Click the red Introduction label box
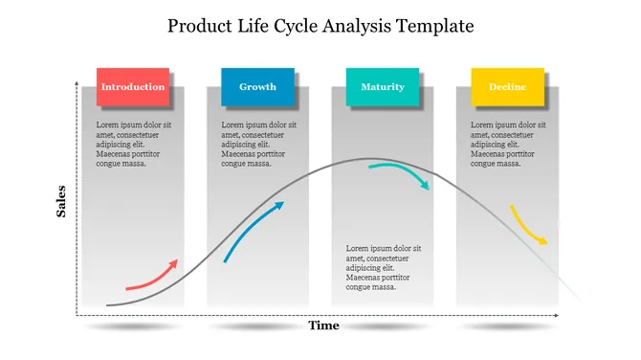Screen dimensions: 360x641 click(x=132, y=87)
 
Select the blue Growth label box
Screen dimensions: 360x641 click(x=257, y=87)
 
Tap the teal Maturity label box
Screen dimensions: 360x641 click(x=382, y=87)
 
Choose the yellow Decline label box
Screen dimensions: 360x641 click(x=507, y=87)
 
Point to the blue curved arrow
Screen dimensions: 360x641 click(x=254, y=231)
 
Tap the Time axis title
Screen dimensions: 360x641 click(x=323, y=326)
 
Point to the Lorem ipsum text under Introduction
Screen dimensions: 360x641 click(x=134, y=145)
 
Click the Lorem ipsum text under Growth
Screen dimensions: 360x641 click(x=259, y=145)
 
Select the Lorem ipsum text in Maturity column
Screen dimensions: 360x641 click(x=384, y=267)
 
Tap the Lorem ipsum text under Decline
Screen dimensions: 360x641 click(x=509, y=145)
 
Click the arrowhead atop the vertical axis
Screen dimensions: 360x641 click(x=77, y=85)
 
